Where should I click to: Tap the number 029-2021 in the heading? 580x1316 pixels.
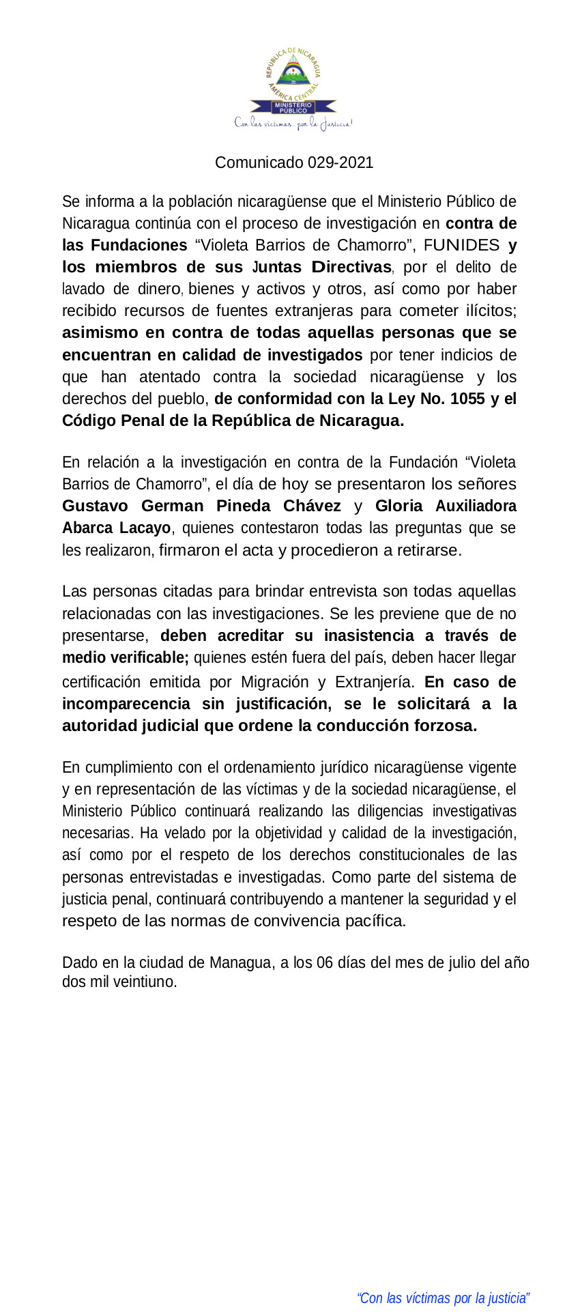(340, 162)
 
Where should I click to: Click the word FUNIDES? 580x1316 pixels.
(461, 245)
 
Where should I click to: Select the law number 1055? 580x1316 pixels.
(467, 399)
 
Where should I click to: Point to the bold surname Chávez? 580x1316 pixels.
(312, 506)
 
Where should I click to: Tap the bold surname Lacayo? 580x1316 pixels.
(145, 528)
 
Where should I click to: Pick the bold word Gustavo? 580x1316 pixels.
(95, 506)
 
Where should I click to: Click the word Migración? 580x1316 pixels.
(275, 682)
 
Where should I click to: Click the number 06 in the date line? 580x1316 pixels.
(325, 962)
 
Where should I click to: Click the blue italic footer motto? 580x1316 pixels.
(443, 1298)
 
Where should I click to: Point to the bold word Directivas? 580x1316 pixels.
(351, 267)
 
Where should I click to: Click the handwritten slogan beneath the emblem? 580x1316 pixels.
(293, 124)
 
